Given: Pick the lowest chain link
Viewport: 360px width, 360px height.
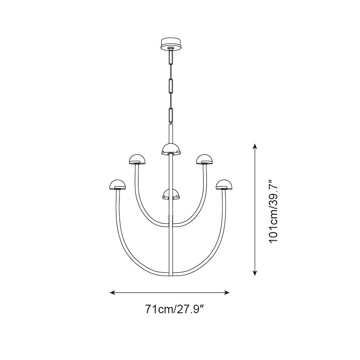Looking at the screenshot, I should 171,114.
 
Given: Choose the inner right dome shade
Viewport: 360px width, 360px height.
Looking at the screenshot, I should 204,159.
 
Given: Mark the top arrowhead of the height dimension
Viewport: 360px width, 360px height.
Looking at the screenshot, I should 255,146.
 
